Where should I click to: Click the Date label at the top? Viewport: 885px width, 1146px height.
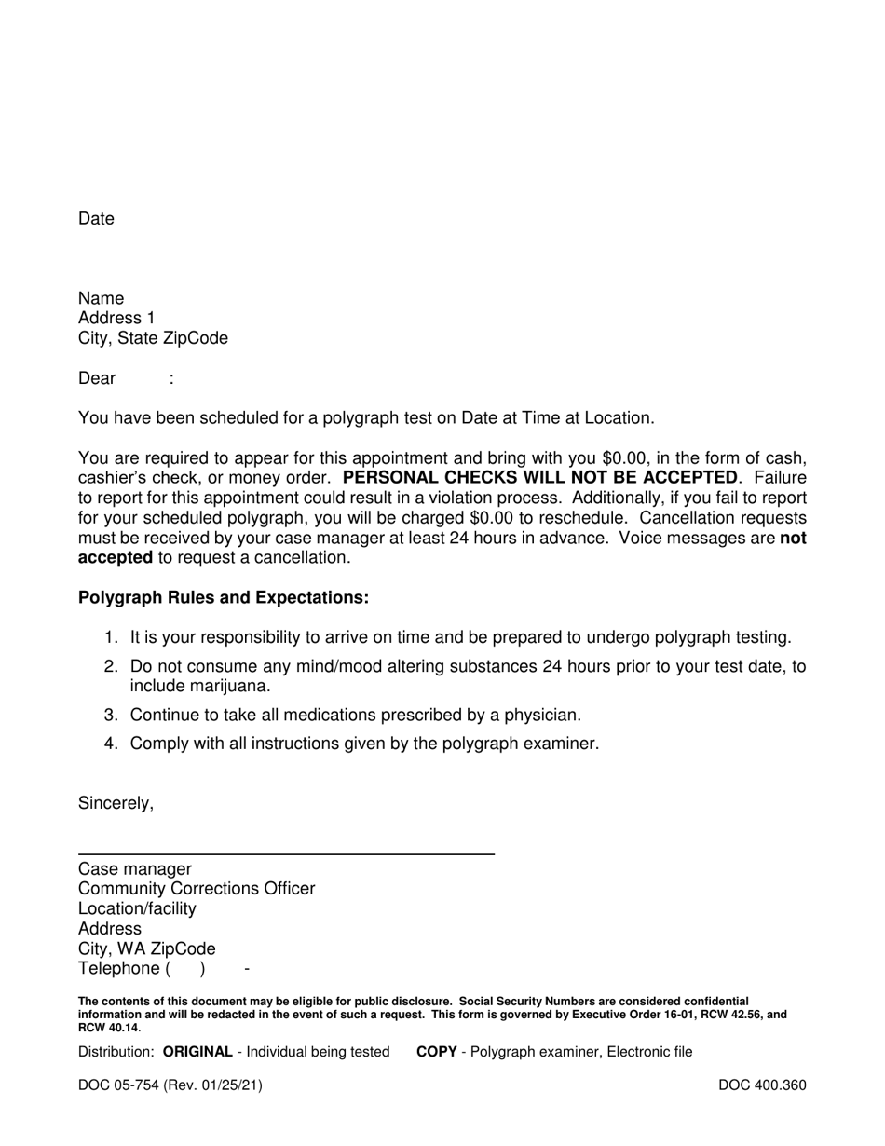96,219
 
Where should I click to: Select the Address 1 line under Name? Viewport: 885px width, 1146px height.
117,319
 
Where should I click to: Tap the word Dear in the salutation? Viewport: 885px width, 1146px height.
97,378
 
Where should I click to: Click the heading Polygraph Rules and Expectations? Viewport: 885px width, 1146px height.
224,598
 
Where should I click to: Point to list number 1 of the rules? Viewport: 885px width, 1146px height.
111,637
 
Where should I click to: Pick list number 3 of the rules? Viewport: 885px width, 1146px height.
111,716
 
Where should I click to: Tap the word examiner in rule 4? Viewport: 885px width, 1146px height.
562,744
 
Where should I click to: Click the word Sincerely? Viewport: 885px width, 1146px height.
116,803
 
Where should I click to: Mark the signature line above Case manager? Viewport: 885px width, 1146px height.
286,853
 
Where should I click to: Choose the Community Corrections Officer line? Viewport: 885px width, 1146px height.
197,889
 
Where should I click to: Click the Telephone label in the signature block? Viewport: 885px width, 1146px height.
119,969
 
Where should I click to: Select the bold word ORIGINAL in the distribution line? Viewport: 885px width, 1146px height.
197,1052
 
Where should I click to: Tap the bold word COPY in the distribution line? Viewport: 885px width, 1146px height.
436,1052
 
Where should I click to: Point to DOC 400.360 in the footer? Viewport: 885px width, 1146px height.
762,1085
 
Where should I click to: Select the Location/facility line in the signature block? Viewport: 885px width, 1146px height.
137,908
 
